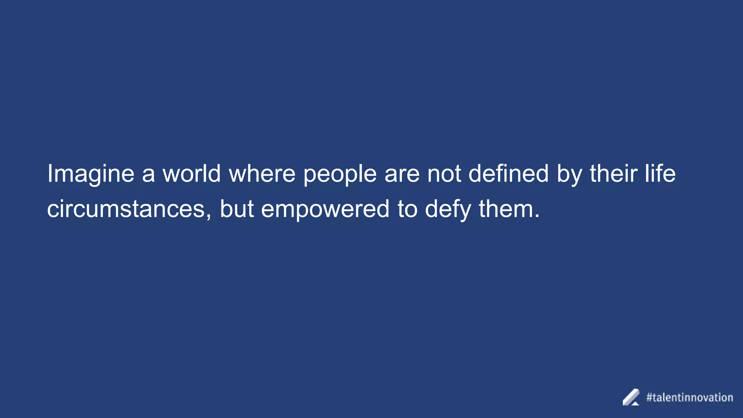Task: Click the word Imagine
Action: pyautogui.click(x=91, y=174)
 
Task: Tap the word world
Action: pyautogui.click(x=192, y=173)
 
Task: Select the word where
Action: pyautogui.click(x=262, y=173)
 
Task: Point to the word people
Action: pyautogui.click(x=340, y=174)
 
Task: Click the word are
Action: pyautogui.click(x=402, y=174)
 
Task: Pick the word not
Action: pyautogui.click(x=444, y=173)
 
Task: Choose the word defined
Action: pyautogui.click(x=508, y=173)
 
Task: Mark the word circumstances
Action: pyautogui.click(x=126, y=209)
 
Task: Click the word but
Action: pyautogui.click(x=237, y=209)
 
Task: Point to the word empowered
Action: pyautogui.click(x=325, y=210)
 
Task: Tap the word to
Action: pyautogui.click(x=407, y=209)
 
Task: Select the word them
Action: pyautogui.click(x=506, y=209)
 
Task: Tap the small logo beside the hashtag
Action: pyautogui.click(x=631, y=397)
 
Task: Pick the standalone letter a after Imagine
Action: pyautogui.click(x=148, y=175)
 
